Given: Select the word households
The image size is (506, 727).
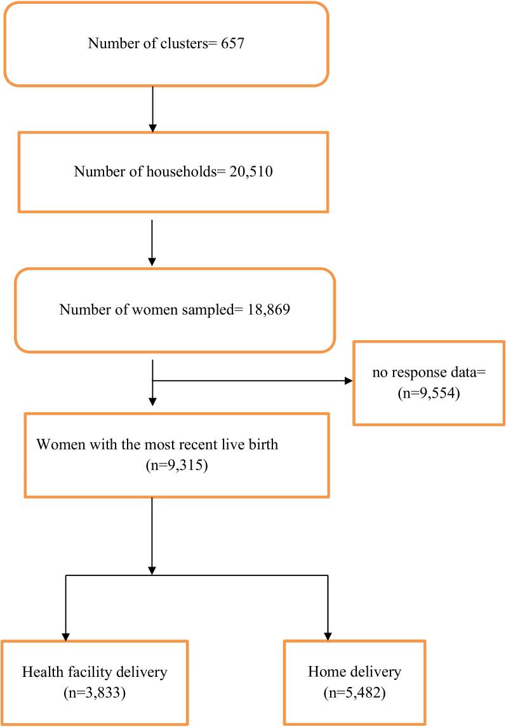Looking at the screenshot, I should coord(180,172).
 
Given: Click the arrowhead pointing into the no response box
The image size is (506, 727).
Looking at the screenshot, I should coord(348,382).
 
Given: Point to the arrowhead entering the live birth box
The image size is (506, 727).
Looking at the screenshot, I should coord(152,402).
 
